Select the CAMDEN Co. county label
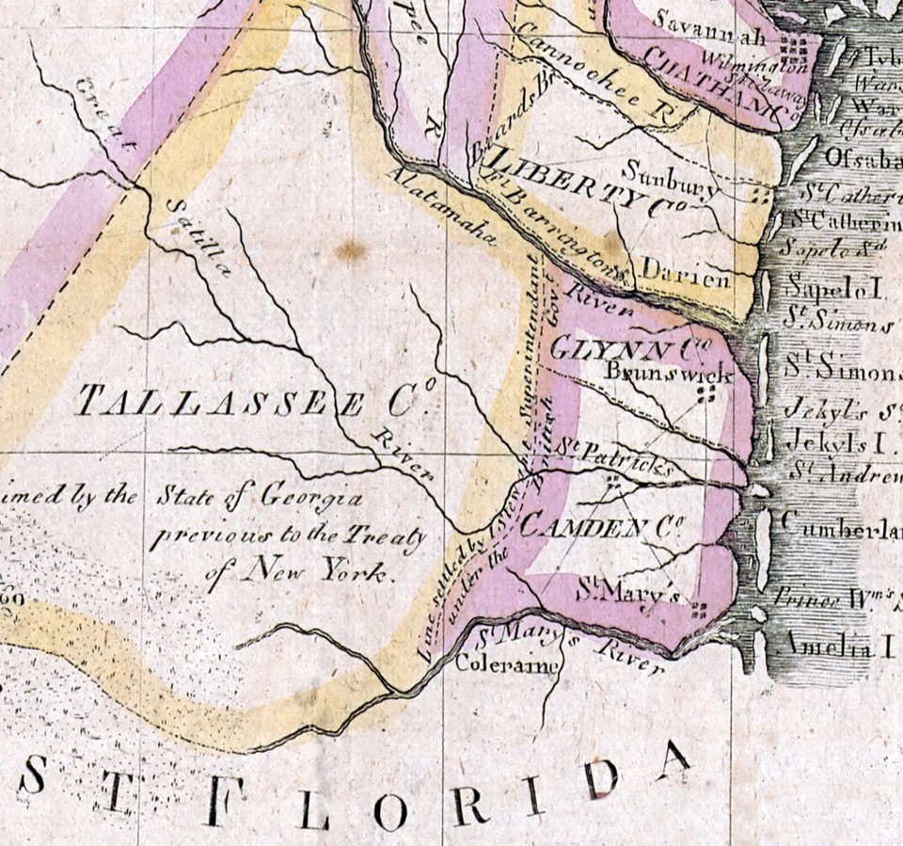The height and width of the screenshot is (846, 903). pyautogui.click(x=599, y=527)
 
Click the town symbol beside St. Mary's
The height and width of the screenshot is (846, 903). pyautogui.click(x=697, y=610)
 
